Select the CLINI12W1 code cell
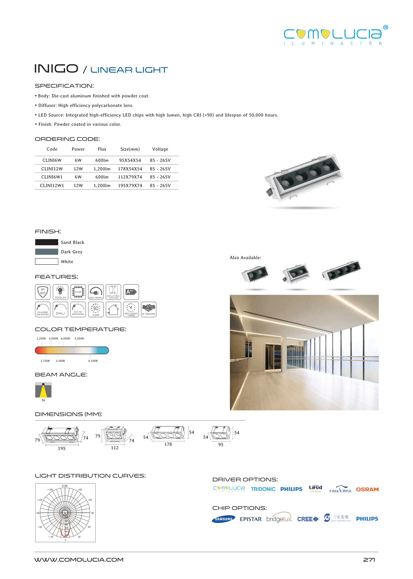[52, 186]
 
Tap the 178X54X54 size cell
[130, 169]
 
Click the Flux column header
[102, 149]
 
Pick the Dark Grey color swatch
[47, 252]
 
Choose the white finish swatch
[47, 262]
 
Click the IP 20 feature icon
[43, 292]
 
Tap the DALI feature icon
[60, 310]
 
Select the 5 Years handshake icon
[149, 310]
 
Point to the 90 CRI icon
[96, 310]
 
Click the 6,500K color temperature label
[93, 361]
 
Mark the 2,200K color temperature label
[41, 339]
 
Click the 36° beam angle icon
[43, 390]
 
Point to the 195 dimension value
[62, 449]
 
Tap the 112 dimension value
[115, 448]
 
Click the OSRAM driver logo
[367, 489]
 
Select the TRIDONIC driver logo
[263, 489]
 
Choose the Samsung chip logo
[224, 519]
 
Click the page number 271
[369, 560]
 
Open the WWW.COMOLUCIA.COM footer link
[79, 560]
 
